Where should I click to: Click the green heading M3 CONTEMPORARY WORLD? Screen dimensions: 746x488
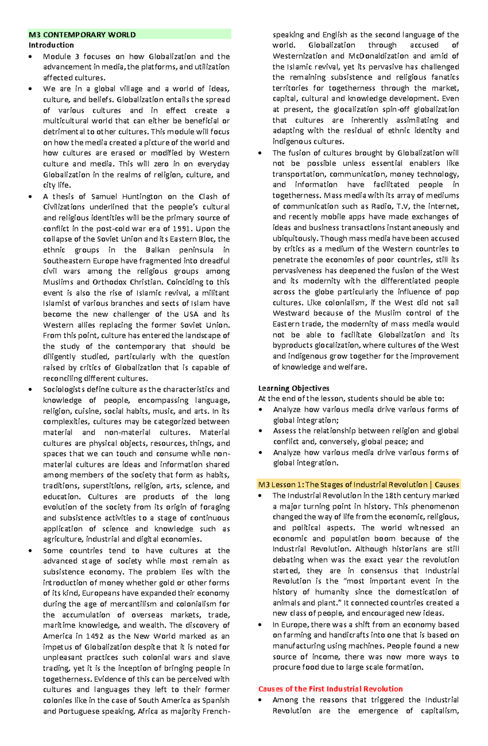(82, 35)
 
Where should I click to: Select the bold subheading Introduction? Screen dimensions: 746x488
(51, 45)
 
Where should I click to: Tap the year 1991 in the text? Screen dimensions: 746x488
(181, 228)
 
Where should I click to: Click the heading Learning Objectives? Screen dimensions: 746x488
(294, 388)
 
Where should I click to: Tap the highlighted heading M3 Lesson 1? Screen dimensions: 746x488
(281, 485)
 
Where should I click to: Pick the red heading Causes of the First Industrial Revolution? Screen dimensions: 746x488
(330, 689)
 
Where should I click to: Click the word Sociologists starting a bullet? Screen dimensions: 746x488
(64, 389)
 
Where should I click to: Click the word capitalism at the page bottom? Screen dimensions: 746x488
(439, 711)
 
